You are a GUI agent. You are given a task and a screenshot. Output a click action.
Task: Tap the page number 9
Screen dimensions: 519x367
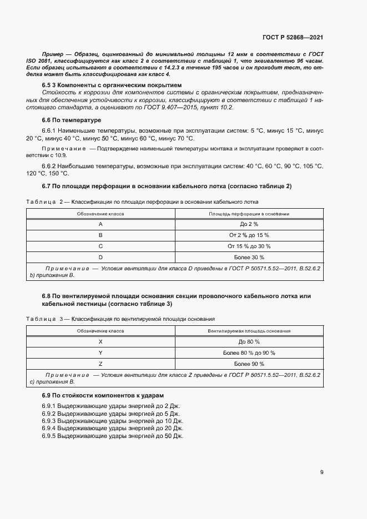click(322, 472)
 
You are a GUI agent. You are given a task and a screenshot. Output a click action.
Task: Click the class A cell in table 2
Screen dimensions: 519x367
click(100, 224)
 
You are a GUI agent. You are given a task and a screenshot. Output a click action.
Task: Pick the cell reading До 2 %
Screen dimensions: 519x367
click(249, 224)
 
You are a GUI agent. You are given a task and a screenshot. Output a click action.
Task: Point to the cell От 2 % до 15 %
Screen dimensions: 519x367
click(249, 235)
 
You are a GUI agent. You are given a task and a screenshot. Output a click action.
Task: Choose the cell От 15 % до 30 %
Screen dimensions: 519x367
click(249, 246)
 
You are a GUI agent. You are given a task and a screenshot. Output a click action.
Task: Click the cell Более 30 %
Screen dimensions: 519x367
click(249, 258)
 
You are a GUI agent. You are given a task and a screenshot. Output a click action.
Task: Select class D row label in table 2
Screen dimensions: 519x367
click(100, 258)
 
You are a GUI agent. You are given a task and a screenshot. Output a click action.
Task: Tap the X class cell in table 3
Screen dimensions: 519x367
click(100, 341)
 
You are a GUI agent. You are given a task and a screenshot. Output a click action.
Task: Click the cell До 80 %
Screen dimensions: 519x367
click(249, 341)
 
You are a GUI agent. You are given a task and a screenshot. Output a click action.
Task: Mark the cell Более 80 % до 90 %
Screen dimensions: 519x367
click(249, 352)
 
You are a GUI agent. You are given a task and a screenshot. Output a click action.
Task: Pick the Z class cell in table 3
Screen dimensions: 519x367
click(100, 364)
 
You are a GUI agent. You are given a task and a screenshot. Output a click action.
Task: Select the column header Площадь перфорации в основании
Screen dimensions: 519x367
click(249, 213)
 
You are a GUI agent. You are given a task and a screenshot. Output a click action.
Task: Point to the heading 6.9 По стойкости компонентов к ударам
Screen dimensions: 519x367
click(103, 395)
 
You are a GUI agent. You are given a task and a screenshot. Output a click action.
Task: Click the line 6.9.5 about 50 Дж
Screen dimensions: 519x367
click(112, 436)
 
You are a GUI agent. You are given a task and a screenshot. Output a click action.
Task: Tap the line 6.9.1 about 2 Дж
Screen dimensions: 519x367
click(110, 406)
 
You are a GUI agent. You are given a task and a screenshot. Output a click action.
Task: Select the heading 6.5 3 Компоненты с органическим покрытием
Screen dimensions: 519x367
click(112, 85)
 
